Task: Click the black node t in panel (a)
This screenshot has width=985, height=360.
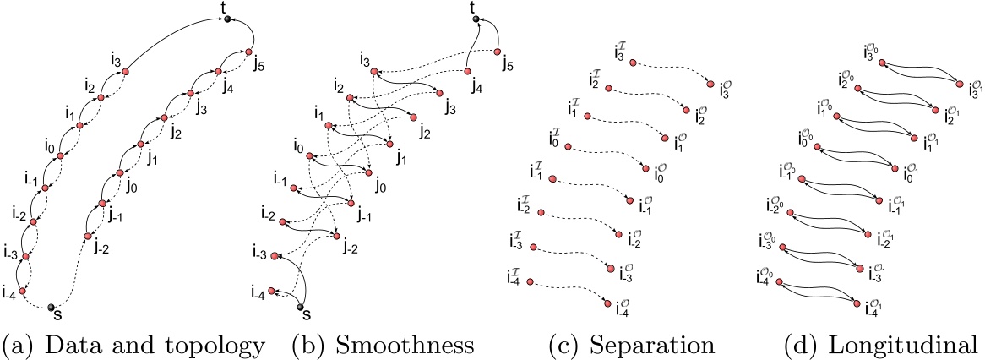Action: click(227, 18)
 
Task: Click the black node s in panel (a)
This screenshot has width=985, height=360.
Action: click(52, 307)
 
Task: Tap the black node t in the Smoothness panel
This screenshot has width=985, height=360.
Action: click(476, 19)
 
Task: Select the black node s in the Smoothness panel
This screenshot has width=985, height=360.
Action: click(302, 306)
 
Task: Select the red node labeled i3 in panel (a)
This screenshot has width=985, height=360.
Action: click(125, 71)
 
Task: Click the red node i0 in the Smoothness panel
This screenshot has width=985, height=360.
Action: click(310, 156)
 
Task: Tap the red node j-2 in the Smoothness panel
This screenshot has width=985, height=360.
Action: click(337, 237)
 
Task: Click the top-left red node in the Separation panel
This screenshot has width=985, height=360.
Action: click(634, 62)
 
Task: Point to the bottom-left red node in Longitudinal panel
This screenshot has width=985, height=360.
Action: click(776, 284)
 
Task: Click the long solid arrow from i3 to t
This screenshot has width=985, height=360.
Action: click(177, 34)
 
